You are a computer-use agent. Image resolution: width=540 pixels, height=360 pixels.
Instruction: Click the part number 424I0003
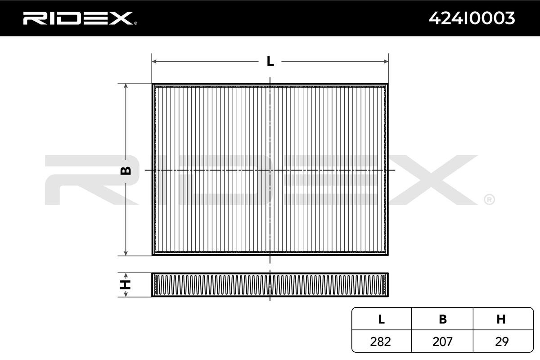click(472, 18)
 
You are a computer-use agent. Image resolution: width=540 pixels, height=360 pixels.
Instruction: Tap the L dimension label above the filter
click(270, 61)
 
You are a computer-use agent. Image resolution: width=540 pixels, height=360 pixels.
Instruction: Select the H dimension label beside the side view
click(127, 284)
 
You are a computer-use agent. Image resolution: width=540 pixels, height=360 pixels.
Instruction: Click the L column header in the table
click(381, 319)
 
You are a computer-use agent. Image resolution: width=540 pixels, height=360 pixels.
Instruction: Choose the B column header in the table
click(442, 319)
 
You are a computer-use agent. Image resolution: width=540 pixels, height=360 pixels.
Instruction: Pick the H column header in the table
click(501, 319)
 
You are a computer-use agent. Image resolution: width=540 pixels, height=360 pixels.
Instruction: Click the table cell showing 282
click(381, 342)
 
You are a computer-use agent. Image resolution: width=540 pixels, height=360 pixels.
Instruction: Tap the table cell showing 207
click(442, 342)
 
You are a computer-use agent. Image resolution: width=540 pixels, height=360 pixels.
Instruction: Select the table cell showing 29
click(501, 342)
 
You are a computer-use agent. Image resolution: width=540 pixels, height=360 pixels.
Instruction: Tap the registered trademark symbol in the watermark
click(489, 199)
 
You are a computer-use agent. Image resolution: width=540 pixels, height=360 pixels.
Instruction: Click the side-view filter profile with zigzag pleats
click(270, 285)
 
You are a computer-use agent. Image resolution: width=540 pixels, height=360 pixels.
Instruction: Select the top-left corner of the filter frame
click(153, 84)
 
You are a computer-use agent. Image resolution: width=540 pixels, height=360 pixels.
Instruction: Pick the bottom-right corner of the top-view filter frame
click(387, 255)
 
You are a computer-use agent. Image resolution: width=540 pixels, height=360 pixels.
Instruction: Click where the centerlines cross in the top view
click(270, 170)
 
